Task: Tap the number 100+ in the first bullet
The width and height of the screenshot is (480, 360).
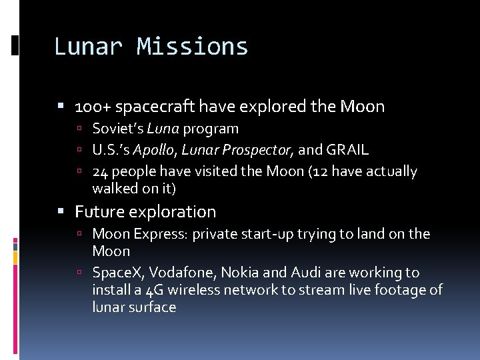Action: click(x=88, y=107)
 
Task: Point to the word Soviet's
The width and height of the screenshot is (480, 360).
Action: click(x=118, y=129)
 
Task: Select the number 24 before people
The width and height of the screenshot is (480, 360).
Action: click(x=100, y=172)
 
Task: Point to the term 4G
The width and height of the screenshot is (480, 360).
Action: click(x=155, y=290)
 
